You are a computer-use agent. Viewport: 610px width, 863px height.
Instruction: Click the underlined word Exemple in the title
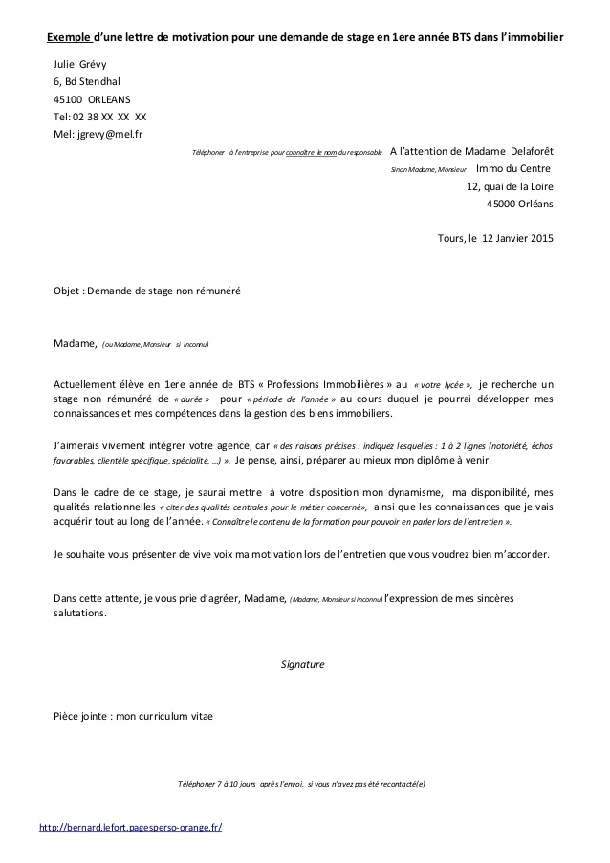click(68, 37)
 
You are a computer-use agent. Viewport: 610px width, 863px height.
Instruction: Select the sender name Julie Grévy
click(81, 64)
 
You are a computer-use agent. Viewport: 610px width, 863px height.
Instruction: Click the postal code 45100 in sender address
click(68, 98)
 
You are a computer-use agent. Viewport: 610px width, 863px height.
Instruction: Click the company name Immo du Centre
click(513, 169)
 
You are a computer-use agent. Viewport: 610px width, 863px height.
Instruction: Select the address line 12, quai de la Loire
click(509, 186)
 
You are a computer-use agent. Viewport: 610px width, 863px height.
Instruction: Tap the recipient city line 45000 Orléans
click(519, 204)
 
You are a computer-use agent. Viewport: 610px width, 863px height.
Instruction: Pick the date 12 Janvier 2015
click(516, 238)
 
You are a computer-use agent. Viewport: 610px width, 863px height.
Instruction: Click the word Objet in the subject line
click(68, 291)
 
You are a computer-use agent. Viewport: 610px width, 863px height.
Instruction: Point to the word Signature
click(303, 664)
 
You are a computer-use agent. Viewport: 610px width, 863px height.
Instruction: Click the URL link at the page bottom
click(130, 827)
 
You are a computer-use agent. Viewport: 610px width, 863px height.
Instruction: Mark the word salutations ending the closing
click(81, 614)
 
